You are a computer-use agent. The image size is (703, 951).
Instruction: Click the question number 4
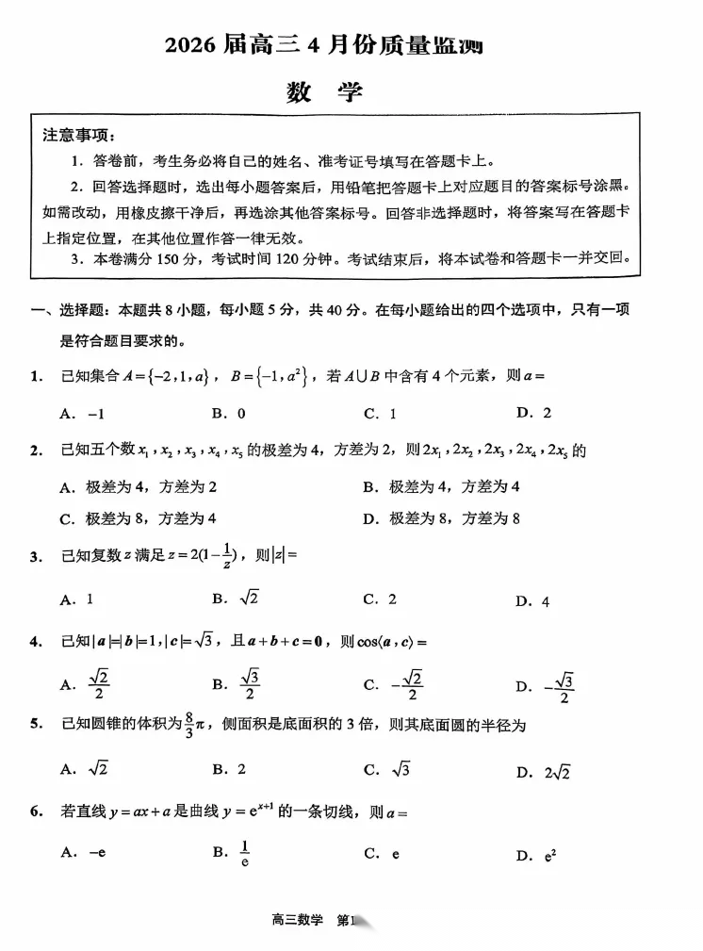[x=35, y=643]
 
